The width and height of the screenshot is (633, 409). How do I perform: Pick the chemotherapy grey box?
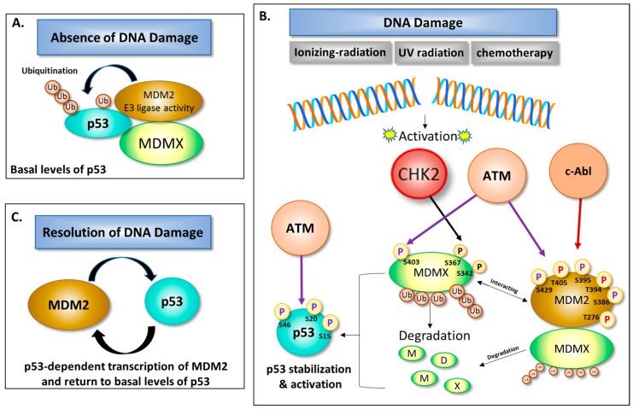(x=513, y=53)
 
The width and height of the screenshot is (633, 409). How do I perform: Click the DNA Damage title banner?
(x=423, y=22)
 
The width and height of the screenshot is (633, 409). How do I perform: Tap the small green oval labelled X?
(x=459, y=386)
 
